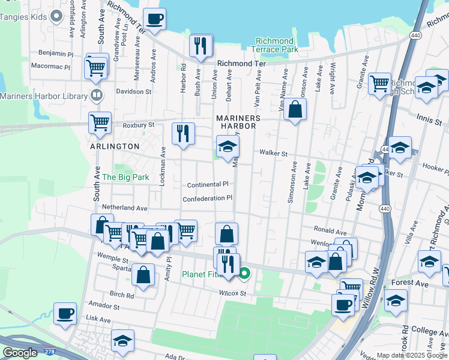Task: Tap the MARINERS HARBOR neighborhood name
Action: (239, 122)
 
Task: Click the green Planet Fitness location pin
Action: (244, 275)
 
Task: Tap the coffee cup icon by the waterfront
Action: (154, 19)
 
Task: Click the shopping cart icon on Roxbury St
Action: (100, 122)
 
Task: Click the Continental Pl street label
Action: (208, 185)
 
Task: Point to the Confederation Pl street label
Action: (207, 198)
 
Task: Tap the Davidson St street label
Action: (134, 92)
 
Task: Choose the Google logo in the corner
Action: (20, 353)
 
